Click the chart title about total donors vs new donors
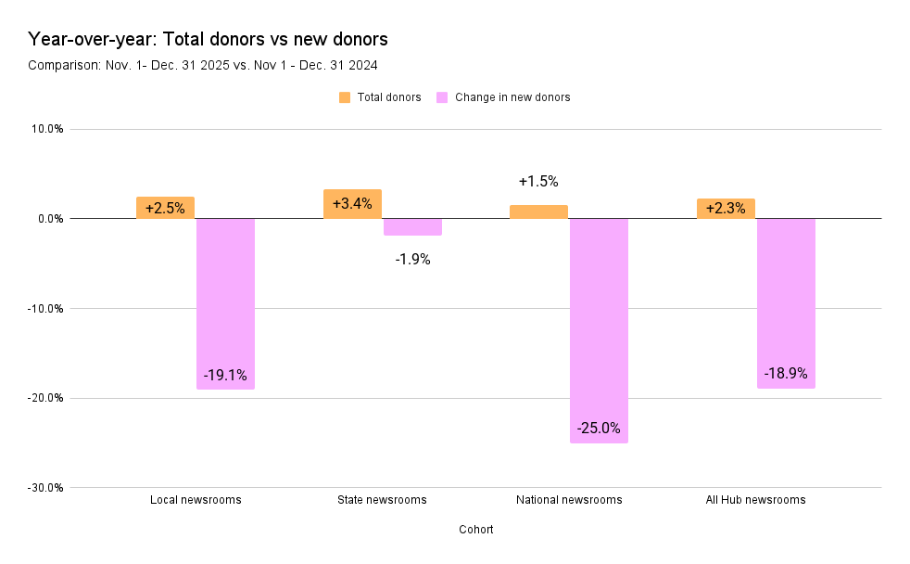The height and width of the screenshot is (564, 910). point(208,39)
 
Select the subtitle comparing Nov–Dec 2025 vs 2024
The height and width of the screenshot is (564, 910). point(202,65)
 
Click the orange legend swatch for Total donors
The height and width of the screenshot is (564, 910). point(345,97)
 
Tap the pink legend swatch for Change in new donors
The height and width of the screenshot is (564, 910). point(442,97)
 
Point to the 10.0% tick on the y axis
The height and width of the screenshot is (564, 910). point(45,129)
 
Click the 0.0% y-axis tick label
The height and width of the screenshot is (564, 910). point(47,219)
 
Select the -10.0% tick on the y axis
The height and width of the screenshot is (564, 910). point(44,308)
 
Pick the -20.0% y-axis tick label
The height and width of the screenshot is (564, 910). point(44,398)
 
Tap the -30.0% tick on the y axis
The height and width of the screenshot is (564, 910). point(44,487)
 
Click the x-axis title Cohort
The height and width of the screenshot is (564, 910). point(475,530)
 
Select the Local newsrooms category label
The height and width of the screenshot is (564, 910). point(196,500)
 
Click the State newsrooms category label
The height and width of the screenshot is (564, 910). point(382,500)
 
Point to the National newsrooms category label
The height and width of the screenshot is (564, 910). point(569,500)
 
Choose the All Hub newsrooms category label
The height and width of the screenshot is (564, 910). point(755,500)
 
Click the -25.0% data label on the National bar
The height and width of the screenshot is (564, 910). point(599,429)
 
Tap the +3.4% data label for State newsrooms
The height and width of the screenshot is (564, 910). point(352,203)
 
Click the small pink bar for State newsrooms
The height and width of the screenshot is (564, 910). point(412,227)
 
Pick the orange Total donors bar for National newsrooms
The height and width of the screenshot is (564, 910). point(538,212)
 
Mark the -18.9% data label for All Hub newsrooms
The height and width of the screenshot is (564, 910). point(786,374)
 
